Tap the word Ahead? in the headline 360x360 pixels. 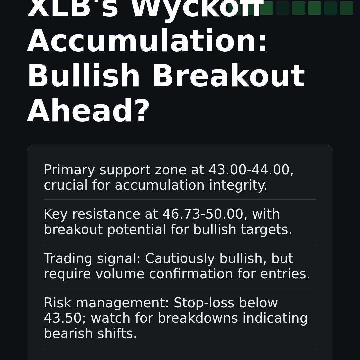[88, 112]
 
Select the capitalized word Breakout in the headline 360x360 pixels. [228, 77]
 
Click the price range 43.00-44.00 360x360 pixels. [251, 170]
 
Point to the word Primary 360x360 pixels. [69, 170]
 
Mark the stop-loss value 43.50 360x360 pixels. [63, 319]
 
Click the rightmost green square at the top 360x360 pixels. [346, 8]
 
